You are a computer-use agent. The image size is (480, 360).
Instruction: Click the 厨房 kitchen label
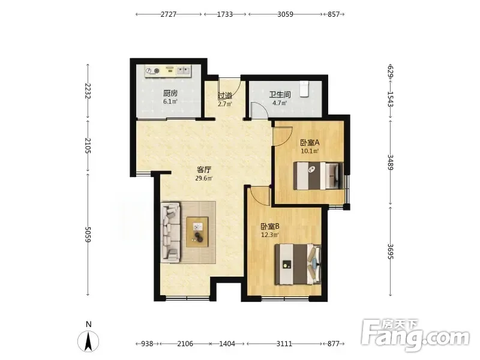pos(170,93)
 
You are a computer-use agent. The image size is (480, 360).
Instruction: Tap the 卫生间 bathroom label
pos(280,94)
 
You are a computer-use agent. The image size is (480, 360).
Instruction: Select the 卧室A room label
pos(310,143)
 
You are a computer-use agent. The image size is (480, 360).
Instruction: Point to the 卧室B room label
pos(270,227)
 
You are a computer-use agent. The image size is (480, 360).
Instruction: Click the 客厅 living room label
pos(204,170)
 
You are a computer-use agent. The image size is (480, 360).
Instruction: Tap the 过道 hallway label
pos(225,96)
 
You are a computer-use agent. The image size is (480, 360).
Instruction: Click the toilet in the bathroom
pos(304,89)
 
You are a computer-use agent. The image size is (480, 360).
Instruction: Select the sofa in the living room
pos(171,232)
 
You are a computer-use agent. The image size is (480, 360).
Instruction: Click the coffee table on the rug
pos(197,232)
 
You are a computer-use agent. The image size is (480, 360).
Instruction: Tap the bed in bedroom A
pos(319,176)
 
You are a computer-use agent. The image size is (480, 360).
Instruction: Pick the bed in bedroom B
pos(298,264)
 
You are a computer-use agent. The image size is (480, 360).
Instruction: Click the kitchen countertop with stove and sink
pos(168,71)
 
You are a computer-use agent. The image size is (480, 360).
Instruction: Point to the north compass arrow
pos(88,341)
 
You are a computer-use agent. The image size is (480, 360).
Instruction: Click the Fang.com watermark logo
pos(415,335)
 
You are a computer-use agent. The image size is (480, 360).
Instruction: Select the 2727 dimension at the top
pos(169,14)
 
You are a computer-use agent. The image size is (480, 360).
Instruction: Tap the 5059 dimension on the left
pos(88,235)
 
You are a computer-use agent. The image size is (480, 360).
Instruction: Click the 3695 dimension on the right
pos(391,251)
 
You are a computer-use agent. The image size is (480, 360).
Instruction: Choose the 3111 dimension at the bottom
pos(284,344)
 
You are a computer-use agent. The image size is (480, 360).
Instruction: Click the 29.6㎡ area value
pos(204,178)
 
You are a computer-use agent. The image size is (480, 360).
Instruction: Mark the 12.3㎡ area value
pos(270,235)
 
